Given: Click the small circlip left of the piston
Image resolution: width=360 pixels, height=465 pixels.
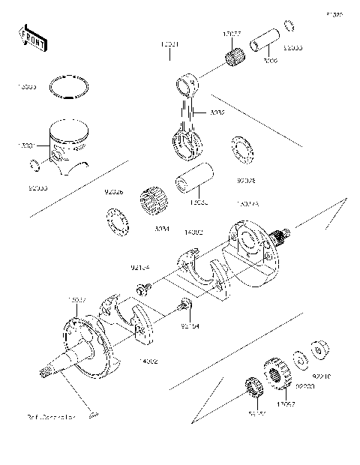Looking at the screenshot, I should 34,164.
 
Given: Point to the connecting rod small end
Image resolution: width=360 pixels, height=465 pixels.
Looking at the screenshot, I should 187,80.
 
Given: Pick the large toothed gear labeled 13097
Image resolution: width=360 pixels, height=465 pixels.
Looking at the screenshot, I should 278,374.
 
